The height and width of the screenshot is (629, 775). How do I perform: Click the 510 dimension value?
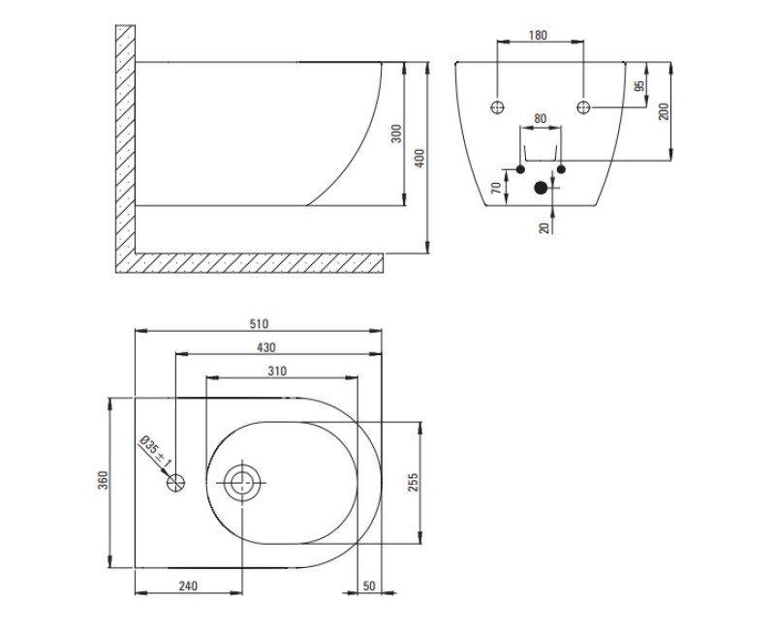point(259,324)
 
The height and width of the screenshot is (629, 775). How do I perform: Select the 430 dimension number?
point(265,347)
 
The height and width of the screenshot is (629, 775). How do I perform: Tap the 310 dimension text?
point(277,371)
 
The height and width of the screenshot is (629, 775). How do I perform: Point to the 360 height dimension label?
point(103,479)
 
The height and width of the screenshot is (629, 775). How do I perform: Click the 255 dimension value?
point(414,482)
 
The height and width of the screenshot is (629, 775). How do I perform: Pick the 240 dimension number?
point(188,586)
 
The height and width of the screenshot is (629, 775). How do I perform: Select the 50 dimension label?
point(369,586)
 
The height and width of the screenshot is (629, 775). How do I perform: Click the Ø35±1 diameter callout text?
point(155,452)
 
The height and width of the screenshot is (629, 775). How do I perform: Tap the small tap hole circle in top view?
point(175,482)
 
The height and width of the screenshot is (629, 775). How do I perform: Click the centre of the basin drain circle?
point(242,482)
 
